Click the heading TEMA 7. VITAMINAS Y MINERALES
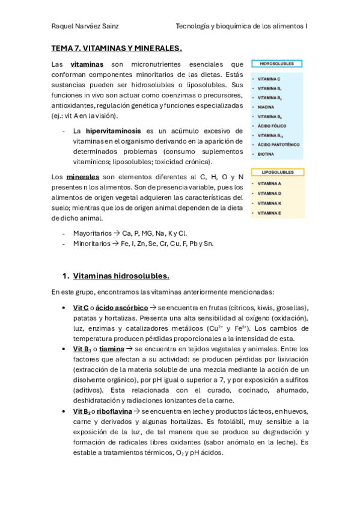pyautogui.click(x=117, y=48)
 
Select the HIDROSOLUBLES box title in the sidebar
pyautogui.click(x=276, y=63)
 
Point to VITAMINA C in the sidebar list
pyautogui.click(x=269, y=79)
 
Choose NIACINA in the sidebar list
pyautogui.click(x=266, y=106)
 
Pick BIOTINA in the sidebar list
pyautogui.click(x=266, y=154)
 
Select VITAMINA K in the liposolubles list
pyautogui.click(x=269, y=203)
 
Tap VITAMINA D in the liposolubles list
pyautogui.click(x=269, y=194)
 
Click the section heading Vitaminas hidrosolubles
pyautogui.click(x=121, y=276)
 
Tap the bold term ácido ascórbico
pyautogui.click(x=121, y=308)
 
